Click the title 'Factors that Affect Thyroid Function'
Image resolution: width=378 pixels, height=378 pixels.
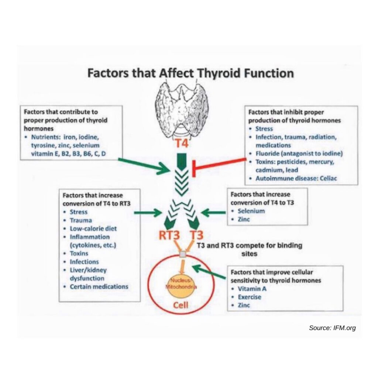click(190, 73)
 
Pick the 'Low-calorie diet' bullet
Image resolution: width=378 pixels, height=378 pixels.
click(93, 228)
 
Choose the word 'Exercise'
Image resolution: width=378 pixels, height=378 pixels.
click(250, 297)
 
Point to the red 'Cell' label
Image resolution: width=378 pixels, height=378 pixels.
click(181, 305)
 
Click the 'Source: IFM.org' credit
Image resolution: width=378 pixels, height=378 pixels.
click(332, 327)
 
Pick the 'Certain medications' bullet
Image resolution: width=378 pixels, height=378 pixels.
click(99, 286)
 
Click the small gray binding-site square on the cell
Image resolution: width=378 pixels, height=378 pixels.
click(182, 255)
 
